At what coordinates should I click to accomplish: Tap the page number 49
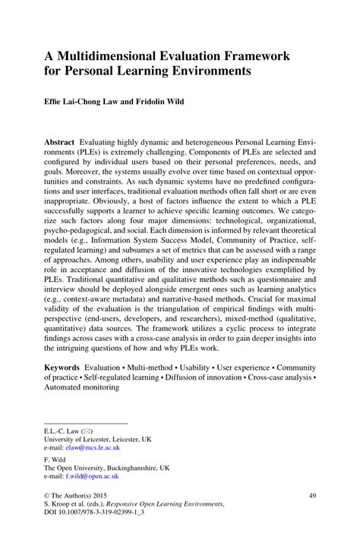tap(312, 494)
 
